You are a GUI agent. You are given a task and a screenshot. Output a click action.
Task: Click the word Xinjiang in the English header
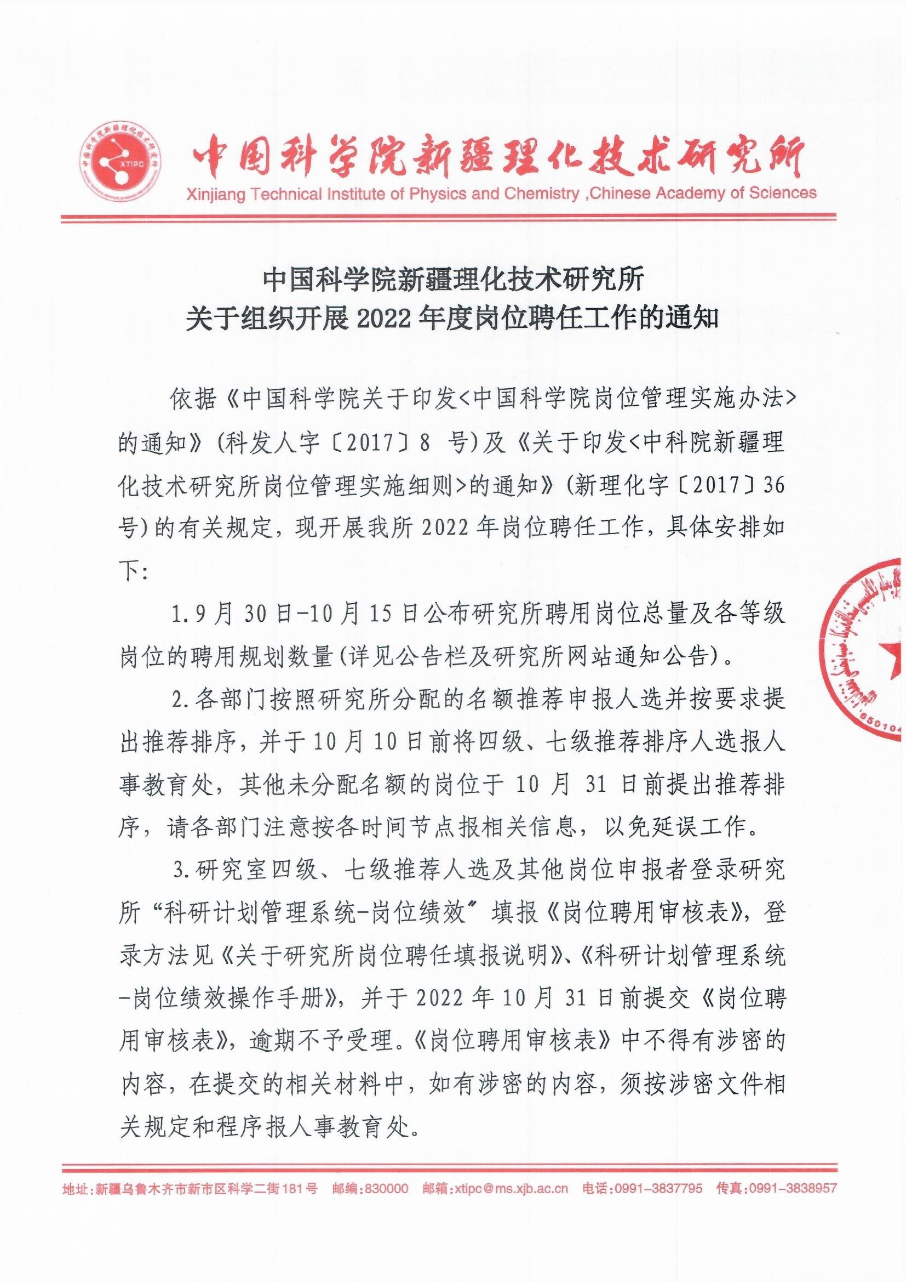click(214, 195)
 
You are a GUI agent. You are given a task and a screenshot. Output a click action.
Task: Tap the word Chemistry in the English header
click(541, 194)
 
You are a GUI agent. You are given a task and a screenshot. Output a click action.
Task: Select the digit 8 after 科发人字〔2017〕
click(425, 444)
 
